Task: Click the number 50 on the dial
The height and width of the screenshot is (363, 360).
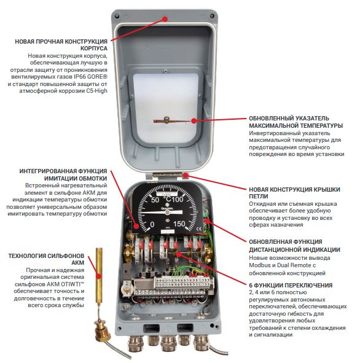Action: [x=155, y=200]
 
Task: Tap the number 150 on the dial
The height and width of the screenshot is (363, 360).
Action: [x=179, y=224]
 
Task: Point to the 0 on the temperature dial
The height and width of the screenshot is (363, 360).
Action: [x=152, y=224]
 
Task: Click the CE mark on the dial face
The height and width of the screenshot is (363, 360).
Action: [x=198, y=229]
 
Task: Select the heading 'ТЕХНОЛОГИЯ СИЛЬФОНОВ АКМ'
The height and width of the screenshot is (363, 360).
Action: [x=46, y=259]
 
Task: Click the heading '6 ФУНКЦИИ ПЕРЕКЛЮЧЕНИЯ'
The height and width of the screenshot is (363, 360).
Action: [x=291, y=285]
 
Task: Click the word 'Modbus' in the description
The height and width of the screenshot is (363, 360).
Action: [x=258, y=265]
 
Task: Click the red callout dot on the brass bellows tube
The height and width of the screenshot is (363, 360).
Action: [x=99, y=276]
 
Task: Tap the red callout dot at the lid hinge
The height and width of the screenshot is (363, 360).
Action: [x=185, y=175]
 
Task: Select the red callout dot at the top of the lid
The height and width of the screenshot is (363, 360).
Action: [x=165, y=19]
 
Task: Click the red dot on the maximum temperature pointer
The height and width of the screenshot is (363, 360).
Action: [x=194, y=120]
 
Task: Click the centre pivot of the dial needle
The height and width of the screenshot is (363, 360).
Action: [x=167, y=213]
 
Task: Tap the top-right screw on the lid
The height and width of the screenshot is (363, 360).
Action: [x=211, y=16]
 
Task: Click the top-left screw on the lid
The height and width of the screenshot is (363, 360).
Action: [x=117, y=16]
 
